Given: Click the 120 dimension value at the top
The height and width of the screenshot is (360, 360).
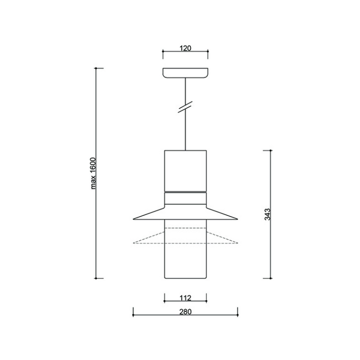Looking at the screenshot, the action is (x=185, y=48).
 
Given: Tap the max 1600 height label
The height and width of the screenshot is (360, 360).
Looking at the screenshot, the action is (x=93, y=173).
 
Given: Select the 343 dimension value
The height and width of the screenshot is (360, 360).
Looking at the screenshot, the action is (x=267, y=214).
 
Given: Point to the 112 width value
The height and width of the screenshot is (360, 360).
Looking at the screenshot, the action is (x=185, y=298).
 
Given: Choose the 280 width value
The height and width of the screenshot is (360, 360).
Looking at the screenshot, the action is (x=185, y=312).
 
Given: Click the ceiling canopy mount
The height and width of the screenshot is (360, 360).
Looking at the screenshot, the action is (x=185, y=73).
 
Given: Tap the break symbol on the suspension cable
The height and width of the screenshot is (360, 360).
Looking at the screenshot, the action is (x=185, y=107).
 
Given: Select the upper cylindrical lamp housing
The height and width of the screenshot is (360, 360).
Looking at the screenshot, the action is (x=185, y=171).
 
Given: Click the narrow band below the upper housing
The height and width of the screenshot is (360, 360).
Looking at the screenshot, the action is (x=185, y=198).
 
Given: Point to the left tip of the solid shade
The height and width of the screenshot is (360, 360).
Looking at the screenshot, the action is (x=133, y=219).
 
